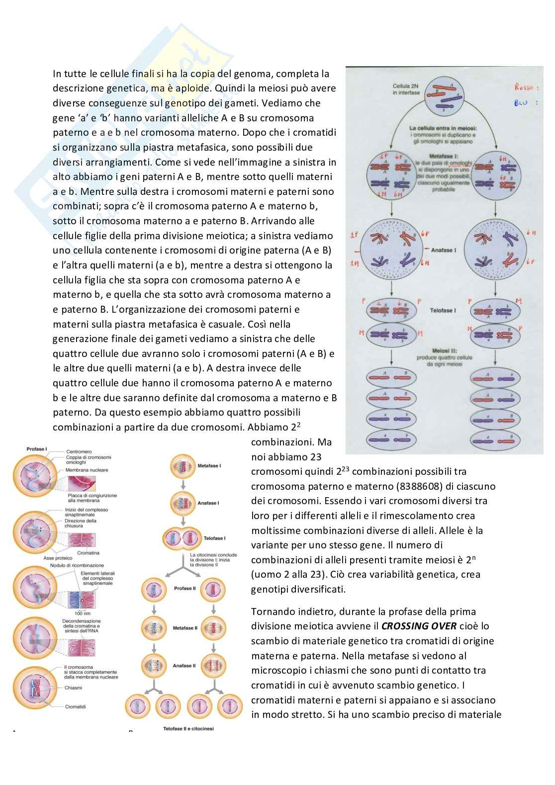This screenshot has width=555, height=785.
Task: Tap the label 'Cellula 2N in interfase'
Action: tap(405, 89)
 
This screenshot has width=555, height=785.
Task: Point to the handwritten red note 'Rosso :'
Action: tap(524, 87)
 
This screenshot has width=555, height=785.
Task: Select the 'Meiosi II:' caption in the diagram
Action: tap(444, 351)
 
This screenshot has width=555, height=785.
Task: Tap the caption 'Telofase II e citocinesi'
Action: tap(188, 729)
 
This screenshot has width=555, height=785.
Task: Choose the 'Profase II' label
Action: tap(186, 588)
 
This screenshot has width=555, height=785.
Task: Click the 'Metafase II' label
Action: tap(185, 628)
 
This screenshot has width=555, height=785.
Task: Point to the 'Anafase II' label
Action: tap(185, 665)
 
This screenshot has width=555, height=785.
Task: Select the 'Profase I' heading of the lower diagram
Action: tap(37, 449)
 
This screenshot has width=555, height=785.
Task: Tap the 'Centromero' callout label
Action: tap(80, 452)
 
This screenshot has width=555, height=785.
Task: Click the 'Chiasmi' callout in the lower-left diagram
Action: tap(74, 688)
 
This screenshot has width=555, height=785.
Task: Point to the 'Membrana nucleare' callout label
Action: tap(87, 470)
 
